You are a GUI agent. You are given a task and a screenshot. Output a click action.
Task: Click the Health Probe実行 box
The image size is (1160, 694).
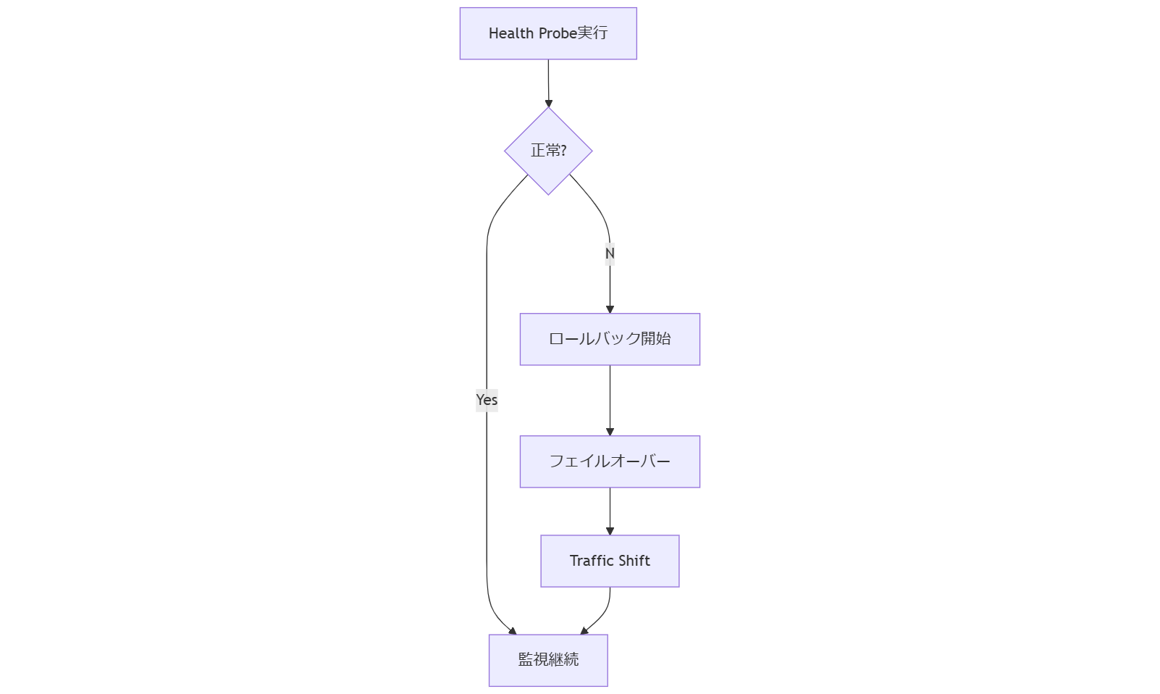pyautogui.click(x=548, y=33)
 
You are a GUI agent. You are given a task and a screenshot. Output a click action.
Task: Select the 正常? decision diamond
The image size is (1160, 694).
pyautogui.click(x=548, y=151)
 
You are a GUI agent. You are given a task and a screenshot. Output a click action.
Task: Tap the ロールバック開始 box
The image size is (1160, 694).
pyautogui.click(x=610, y=339)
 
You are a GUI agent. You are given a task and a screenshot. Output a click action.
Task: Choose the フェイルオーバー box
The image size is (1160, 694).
pyautogui.click(x=610, y=461)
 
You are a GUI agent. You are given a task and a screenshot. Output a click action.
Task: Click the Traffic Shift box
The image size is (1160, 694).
pyautogui.click(x=610, y=561)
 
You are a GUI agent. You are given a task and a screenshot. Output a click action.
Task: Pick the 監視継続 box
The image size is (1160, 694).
pyautogui.click(x=548, y=660)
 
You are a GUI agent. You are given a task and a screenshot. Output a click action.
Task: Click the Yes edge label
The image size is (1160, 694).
pyautogui.click(x=487, y=400)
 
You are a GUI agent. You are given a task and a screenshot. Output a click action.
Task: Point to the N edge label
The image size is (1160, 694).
pyautogui.click(x=610, y=254)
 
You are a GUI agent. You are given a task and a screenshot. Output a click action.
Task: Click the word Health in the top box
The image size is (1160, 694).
pyautogui.click(x=510, y=33)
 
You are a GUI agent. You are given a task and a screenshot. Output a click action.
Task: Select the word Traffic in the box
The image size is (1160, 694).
pyautogui.click(x=592, y=561)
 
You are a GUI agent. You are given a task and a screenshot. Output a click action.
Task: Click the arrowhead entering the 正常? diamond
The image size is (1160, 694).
pyautogui.click(x=548, y=104)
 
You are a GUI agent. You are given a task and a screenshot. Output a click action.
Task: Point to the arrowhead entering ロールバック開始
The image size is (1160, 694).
pyautogui.click(x=610, y=309)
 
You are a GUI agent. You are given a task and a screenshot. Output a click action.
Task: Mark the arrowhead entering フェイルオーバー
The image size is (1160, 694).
pyautogui.click(x=610, y=432)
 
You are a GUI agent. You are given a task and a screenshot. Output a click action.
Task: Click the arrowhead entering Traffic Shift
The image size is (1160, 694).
pyautogui.click(x=610, y=531)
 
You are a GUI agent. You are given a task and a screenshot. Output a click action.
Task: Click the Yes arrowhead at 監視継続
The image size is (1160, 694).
pyautogui.click(x=513, y=632)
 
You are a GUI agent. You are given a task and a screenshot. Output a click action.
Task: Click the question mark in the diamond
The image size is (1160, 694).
pyautogui.click(x=563, y=151)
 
